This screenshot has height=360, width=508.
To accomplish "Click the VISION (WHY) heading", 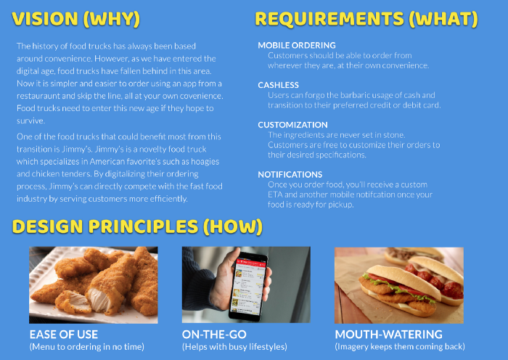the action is [x=76, y=18].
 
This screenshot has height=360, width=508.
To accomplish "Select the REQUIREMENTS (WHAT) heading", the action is [x=366, y=18].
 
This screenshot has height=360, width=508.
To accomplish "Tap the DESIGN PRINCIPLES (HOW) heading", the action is [x=137, y=226].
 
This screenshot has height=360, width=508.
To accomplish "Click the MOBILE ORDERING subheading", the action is [x=297, y=46].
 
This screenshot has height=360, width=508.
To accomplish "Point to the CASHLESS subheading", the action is [x=278, y=85].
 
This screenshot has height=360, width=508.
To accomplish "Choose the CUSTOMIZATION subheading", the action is [x=293, y=125].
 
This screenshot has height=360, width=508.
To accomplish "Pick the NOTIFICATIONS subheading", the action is [x=290, y=175].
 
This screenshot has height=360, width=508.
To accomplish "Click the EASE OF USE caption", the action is [x=64, y=335].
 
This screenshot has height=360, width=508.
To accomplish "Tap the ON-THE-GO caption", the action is [x=214, y=335].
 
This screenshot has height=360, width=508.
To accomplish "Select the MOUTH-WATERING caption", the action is [x=389, y=335].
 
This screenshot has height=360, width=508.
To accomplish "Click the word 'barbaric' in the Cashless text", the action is [x=336, y=95].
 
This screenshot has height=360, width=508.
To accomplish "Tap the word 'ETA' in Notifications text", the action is [x=275, y=195].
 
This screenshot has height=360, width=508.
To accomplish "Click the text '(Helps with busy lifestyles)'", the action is [x=234, y=347].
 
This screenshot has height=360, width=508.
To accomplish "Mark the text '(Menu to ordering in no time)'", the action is [x=87, y=347].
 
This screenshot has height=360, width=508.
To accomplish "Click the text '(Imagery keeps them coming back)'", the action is [x=400, y=347].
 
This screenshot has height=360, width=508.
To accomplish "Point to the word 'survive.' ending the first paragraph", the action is [x=30, y=121].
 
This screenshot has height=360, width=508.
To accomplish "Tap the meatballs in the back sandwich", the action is [x=434, y=280].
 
